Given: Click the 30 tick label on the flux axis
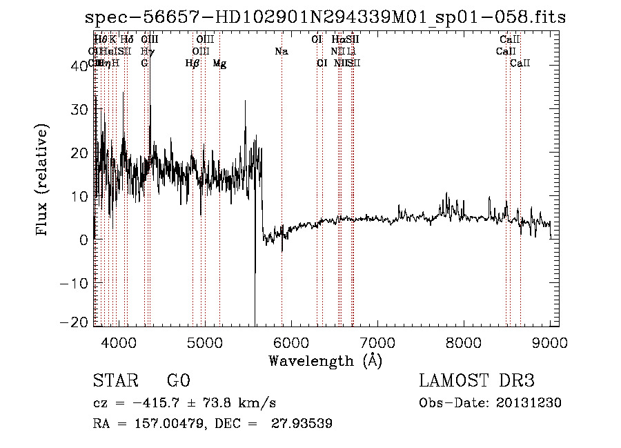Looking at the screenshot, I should click(80, 109).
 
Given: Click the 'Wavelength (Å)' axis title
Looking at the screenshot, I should click(324, 360).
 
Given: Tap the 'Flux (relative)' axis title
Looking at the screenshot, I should click(43, 180).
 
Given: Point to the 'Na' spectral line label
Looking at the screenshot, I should click(281, 52).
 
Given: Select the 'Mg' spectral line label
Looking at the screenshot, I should click(219, 64).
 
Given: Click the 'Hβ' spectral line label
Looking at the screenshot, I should click(193, 64).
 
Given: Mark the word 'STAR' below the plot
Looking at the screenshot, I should click(115, 381).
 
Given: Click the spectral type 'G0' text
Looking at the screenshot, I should click(178, 381).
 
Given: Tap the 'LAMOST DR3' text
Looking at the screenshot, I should click(477, 381).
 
